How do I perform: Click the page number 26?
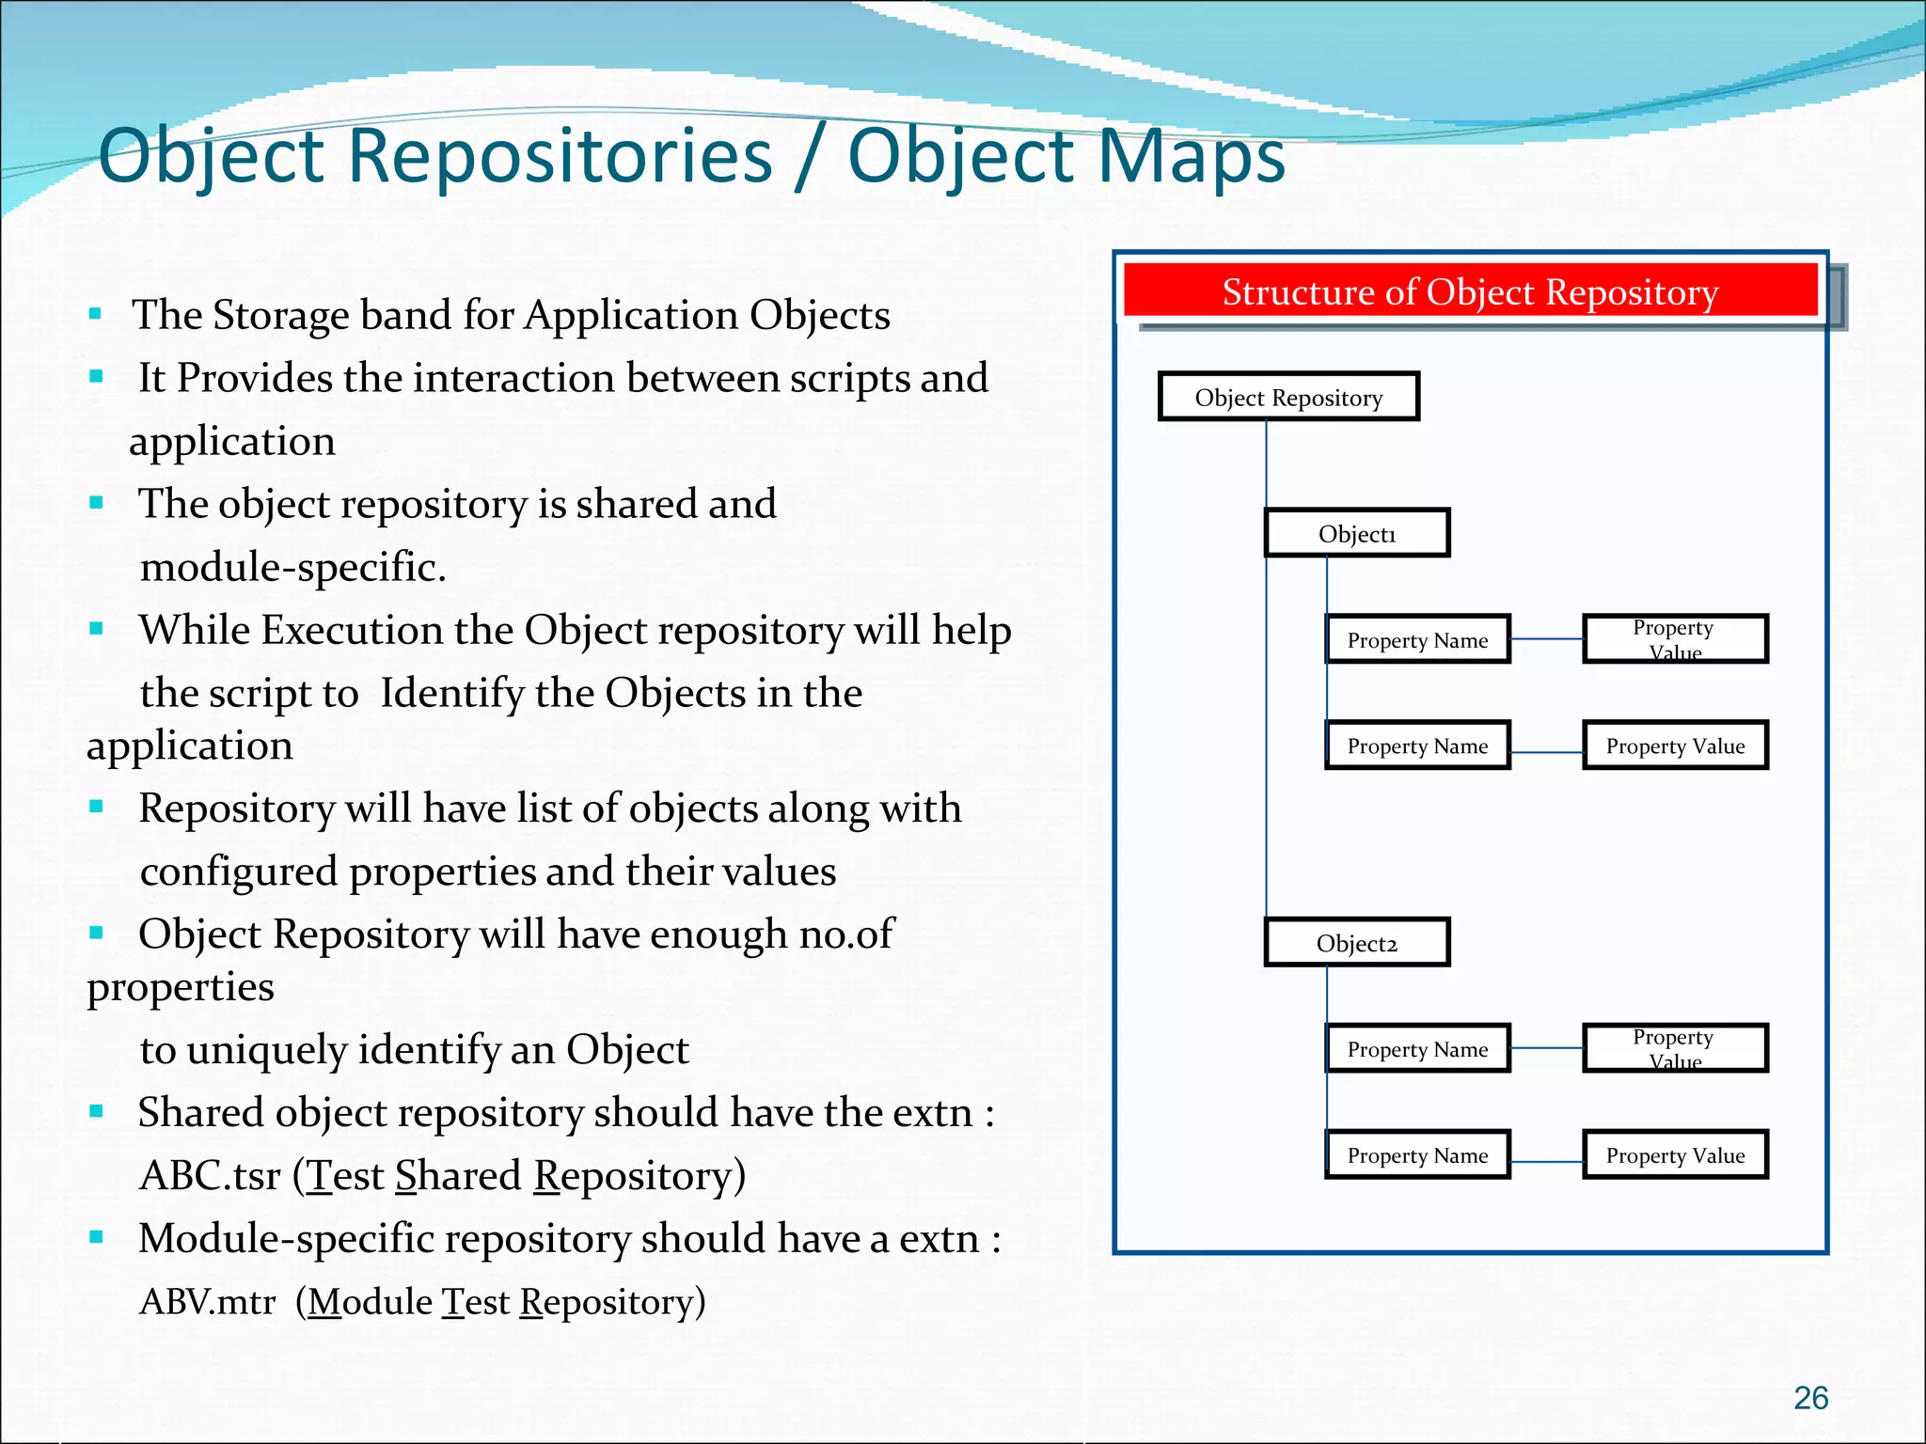[x=1810, y=1398]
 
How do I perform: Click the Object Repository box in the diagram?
[x=1288, y=397]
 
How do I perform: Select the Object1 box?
[x=1356, y=533]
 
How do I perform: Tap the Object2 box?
[x=1356, y=943]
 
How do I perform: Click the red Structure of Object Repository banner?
[x=1469, y=291]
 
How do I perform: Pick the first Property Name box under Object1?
[x=1417, y=640]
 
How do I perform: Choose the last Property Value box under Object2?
[x=1675, y=1155]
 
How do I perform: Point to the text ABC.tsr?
[x=210, y=1176]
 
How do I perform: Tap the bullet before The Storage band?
[x=95, y=314]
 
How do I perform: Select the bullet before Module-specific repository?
[x=96, y=1237]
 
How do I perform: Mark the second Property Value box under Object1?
[x=1675, y=746]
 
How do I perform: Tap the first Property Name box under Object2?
[x=1417, y=1049]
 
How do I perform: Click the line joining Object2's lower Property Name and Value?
[x=1547, y=1162]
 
